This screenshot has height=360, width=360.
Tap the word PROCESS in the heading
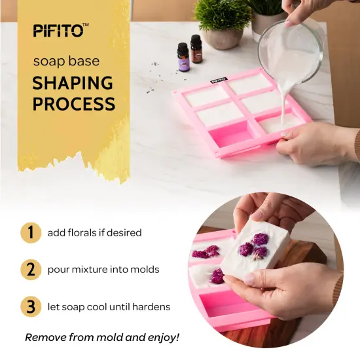pyautogui.click(x=74, y=104)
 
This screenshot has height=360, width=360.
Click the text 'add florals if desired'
pyautogui.click(x=94, y=233)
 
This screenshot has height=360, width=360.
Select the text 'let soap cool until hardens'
pyautogui.click(x=109, y=307)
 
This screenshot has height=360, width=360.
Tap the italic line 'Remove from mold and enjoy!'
pyautogui.click(x=102, y=338)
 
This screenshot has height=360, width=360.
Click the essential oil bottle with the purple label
pyautogui.click(x=183, y=58)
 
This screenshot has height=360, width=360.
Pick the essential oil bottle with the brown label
pyautogui.click(x=196, y=50)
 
